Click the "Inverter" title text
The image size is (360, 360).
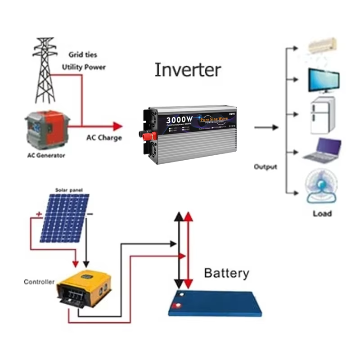pos(188,70)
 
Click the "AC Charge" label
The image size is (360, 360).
pos(104,138)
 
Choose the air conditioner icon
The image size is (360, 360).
pos(321,45)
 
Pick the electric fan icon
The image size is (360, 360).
pos(322,187)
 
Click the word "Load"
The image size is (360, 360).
pos(322,213)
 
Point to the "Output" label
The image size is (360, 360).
pos(265,167)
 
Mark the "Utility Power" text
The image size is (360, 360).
pos(84,67)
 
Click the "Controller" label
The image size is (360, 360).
pos(39,282)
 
